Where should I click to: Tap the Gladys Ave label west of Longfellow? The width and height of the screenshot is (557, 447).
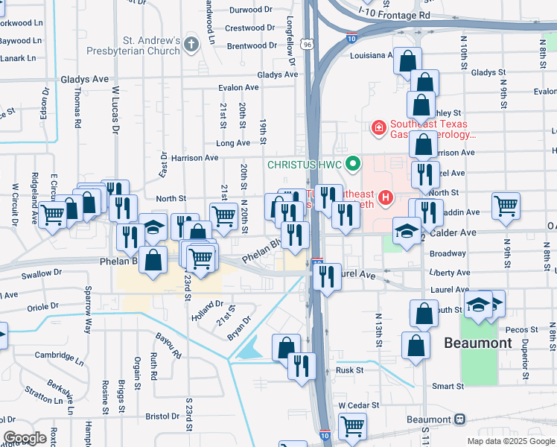click(x=277, y=75)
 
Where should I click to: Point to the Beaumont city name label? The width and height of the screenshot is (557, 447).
click(x=478, y=343)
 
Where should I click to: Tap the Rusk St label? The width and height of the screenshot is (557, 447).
click(x=348, y=370)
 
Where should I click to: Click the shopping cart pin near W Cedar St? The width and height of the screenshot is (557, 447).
click(x=352, y=427)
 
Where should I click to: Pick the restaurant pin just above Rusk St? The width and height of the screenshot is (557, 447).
click(x=302, y=365)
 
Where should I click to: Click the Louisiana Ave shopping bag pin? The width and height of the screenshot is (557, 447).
click(x=407, y=60)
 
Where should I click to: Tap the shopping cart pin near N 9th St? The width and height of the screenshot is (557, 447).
click(x=506, y=206)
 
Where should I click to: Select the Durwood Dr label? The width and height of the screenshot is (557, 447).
click(x=252, y=10)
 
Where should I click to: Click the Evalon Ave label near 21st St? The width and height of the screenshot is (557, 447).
click(x=238, y=88)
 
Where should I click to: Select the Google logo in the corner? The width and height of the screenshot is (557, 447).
click(x=25, y=438)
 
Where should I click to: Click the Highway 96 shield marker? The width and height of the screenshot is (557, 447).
click(x=307, y=45)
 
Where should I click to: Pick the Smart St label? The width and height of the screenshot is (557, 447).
click(x=448, y=387)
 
